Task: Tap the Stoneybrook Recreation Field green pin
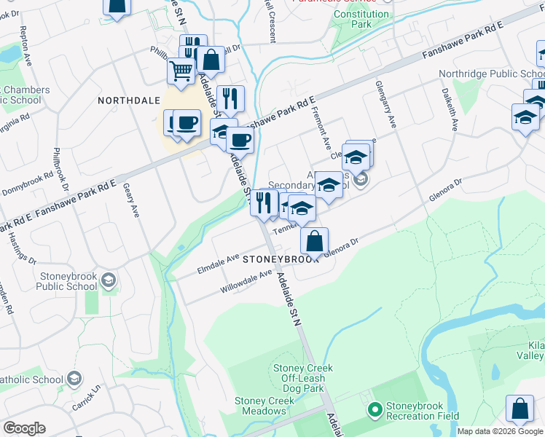pos(375,411)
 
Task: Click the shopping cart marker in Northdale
pos(181,71)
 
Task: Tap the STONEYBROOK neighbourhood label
pos(281,259)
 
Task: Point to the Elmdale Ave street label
pos(218,264)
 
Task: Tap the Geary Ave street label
pos(133,200)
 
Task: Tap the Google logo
pos(24,428)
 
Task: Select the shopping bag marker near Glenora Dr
pos(314,240)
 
